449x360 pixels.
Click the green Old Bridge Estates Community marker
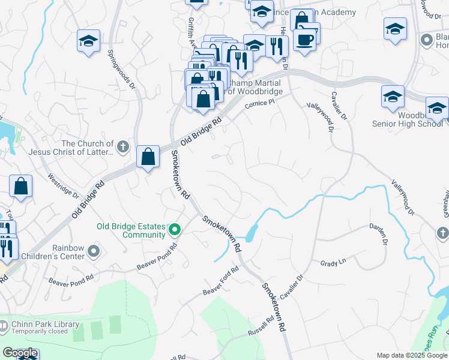pyautogui.click(x=175, y=230)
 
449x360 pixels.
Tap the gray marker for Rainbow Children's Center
pyautogui.click(x=93, y=250)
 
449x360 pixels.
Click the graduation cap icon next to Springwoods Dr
pyautogui.click(x=88, y=41)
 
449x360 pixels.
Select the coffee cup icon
pyautogui.click(x=306, y=40)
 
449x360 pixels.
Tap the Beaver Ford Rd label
pyautogui.click(x=221, y=280)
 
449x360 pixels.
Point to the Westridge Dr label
pyautogui.click(x=64, y=185)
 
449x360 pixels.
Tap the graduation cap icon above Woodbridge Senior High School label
pyautogui.click(x=393, y=97)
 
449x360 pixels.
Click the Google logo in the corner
pyautogui.click(x=20, y=353)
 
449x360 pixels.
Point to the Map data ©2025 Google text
pyautogui.click(x=411, y=355)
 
